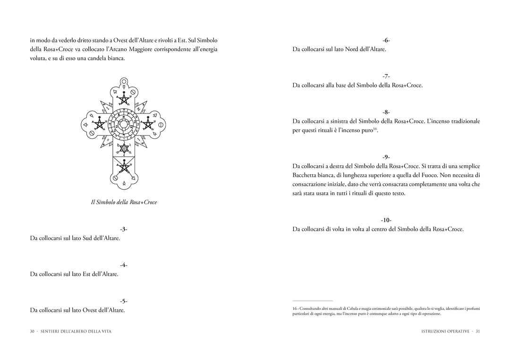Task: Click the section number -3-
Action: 123,229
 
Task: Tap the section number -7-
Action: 386,76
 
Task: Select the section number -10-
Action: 386,220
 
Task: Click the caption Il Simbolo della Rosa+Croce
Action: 124,202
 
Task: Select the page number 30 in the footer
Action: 33,331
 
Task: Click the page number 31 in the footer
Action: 477,331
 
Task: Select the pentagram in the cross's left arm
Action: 99,124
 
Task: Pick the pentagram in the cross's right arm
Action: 148,124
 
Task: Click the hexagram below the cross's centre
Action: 124,149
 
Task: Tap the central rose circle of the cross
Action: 124,124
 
